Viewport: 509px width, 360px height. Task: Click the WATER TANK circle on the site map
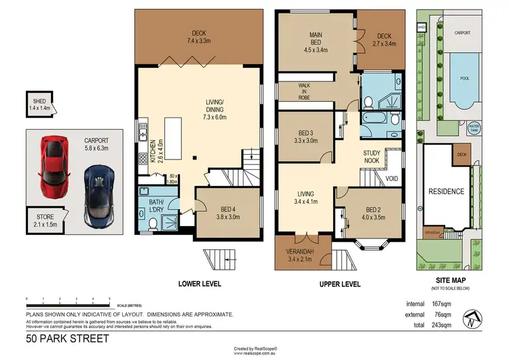[x=474, y=128]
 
